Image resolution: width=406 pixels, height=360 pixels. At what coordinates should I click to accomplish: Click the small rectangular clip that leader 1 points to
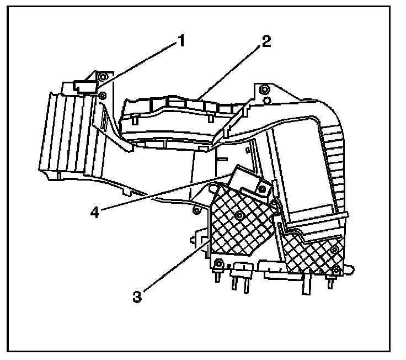[x=82, y=86]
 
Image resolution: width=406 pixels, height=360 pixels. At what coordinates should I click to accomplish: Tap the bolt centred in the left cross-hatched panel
[x=239, y=214]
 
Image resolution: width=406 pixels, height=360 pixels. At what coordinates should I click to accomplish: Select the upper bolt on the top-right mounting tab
[x=265, y=90]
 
